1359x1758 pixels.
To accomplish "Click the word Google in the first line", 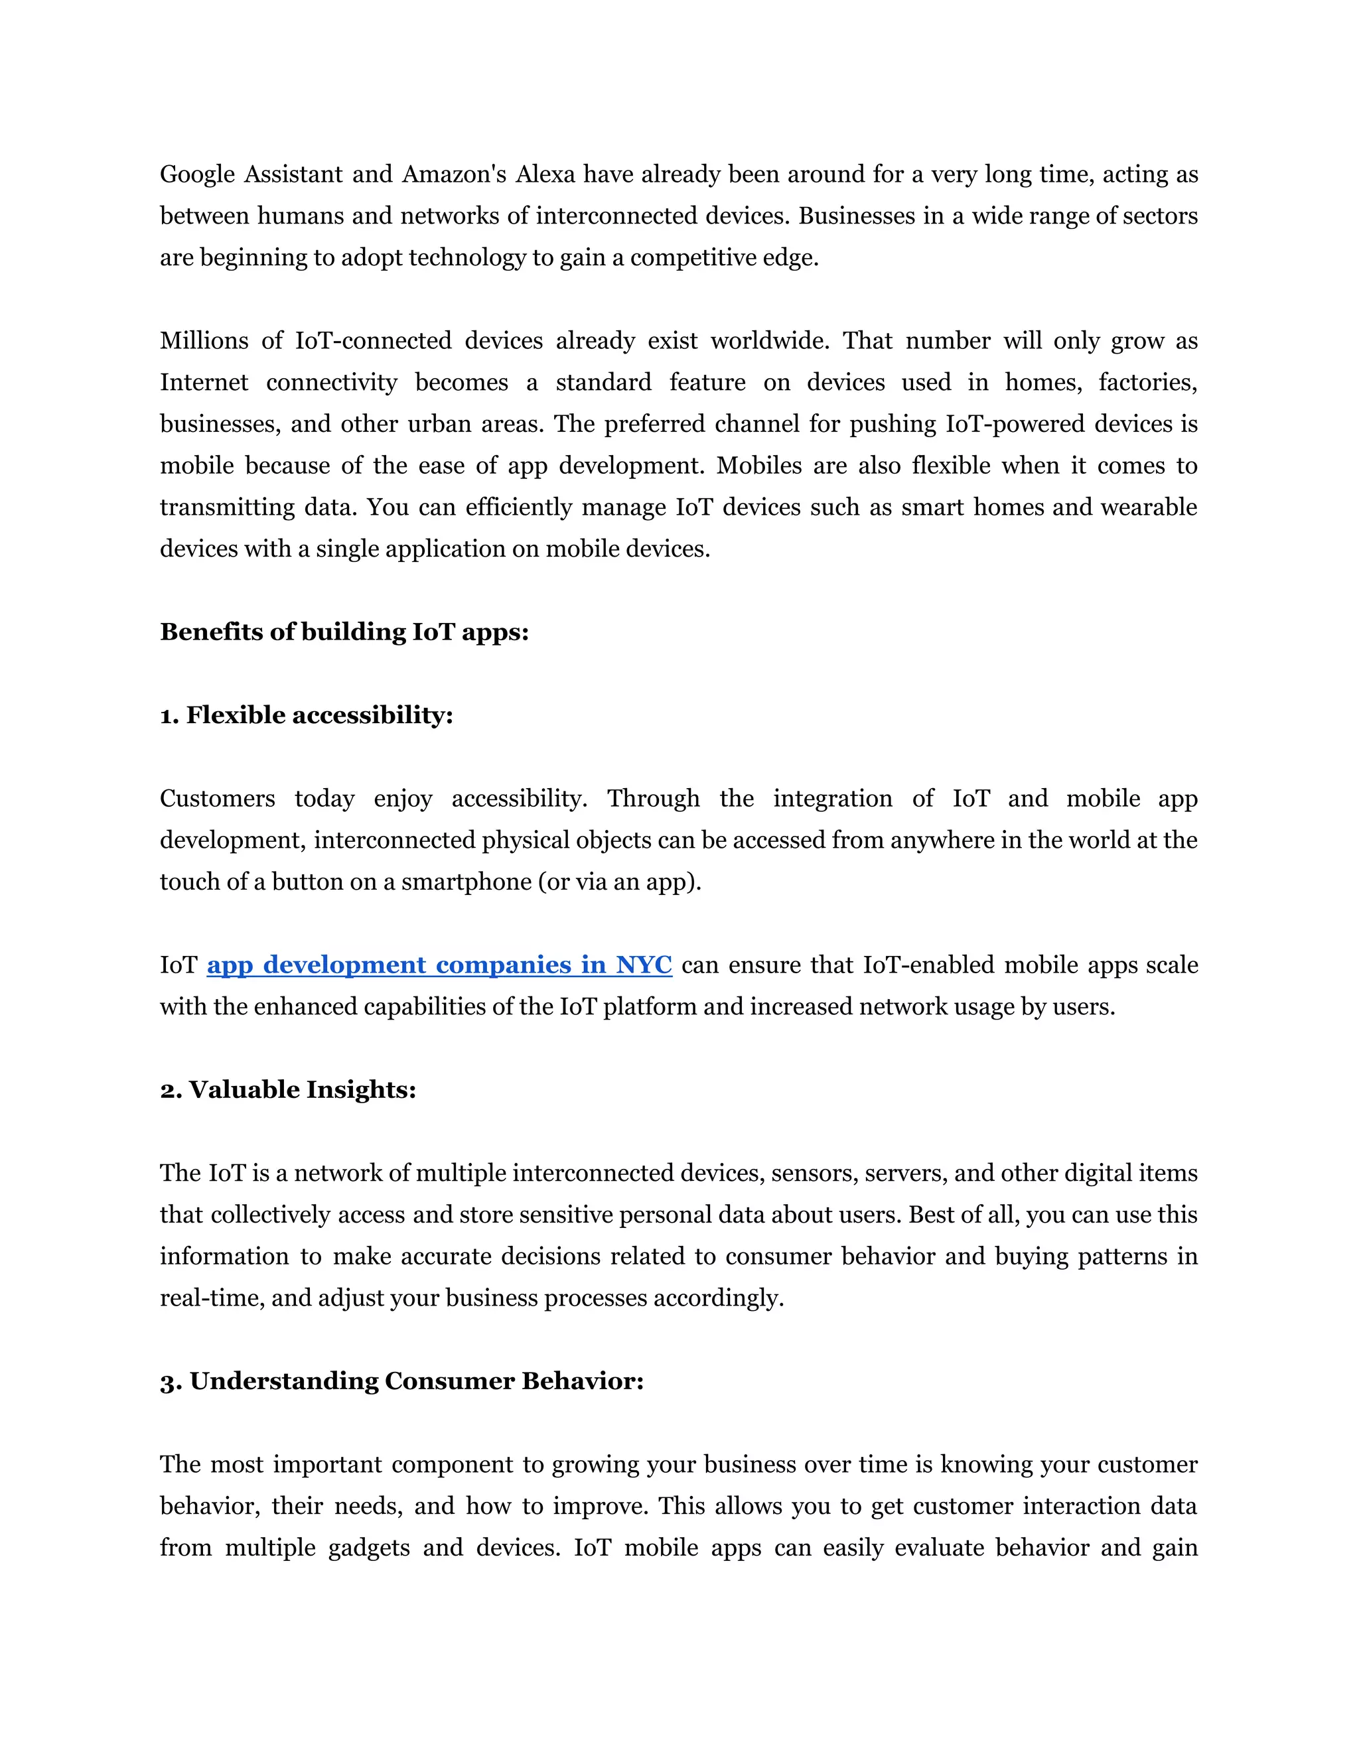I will tap(197, 174).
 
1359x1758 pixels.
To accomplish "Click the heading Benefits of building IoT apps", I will tap(344, 632).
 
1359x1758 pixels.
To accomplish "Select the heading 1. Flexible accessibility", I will tap(306, 716).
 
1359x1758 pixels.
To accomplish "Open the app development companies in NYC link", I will tap(439, 965).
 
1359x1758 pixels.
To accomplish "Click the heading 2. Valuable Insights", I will tap(287, 1090).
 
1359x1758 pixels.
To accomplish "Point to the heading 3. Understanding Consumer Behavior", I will tap(401, 1381).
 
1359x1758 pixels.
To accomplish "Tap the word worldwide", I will tap(769, 341).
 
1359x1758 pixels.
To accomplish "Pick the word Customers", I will tap(218, 799).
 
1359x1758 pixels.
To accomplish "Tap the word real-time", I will tap(212, 1298).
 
